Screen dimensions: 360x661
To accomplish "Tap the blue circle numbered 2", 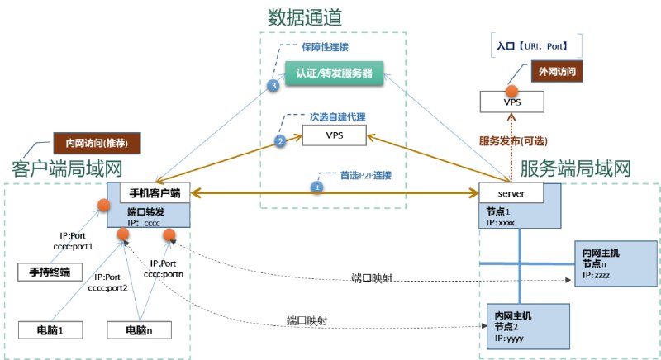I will [279, 141].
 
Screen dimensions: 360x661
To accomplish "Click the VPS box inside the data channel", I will [334, 135].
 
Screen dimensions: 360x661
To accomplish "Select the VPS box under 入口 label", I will [512, 102].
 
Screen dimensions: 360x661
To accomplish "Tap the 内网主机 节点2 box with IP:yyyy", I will [528, 327].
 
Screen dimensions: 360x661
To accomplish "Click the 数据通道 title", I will [304, 16].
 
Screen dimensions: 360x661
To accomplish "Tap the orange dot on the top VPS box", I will [511, 89].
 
